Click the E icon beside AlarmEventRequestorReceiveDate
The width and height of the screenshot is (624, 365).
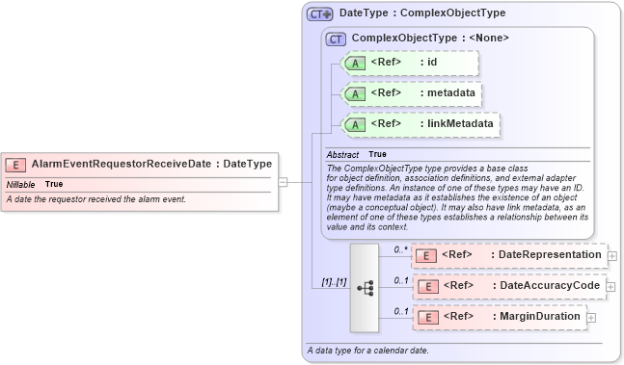(17, 164)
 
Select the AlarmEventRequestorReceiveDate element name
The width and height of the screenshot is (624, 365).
(121, 164)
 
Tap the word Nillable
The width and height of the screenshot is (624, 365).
(21, 183)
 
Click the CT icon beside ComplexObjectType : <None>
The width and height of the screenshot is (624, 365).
(336, 39)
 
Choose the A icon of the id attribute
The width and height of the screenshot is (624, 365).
(354, 64)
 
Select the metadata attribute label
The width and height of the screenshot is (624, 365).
(448, 93)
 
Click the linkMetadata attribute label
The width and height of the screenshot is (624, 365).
(456, 124)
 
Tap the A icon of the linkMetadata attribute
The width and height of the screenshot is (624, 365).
(354, 124)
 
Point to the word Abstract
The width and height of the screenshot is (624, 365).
(342, 154)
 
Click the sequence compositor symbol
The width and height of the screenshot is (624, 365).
(365, 286)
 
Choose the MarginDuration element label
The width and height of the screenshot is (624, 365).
(539, 317)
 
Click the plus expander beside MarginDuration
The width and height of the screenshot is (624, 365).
(590, 317)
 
